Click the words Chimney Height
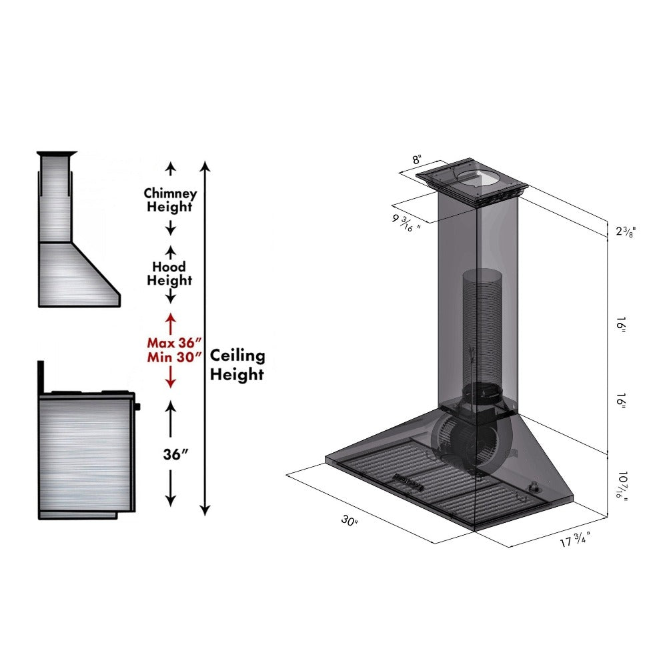(170, 199)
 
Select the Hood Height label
(169, 273)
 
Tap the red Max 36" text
(173, 342)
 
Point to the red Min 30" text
(173, 357)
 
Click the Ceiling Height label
(237, 365)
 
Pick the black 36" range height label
(175, 454)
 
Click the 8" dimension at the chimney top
(417, 160)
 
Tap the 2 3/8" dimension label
(626, 231)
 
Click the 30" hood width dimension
(350, 521)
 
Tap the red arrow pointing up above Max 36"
(170, 323)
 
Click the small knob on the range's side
(138, 406)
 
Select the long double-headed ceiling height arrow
(205, 337)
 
